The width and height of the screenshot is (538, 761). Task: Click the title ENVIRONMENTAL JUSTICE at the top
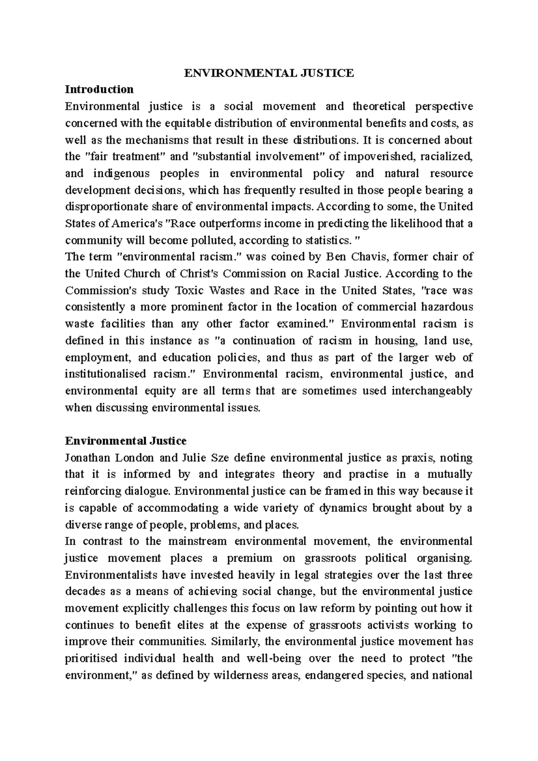tap(269, 73)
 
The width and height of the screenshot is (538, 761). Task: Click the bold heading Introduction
tap(99, 89)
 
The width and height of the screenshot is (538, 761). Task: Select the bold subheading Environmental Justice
tap(126, 441)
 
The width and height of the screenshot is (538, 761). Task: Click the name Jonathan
tap(87, 458)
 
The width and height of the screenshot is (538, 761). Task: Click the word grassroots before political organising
tap(330, 558)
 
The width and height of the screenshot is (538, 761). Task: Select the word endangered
tap(330, 675)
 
